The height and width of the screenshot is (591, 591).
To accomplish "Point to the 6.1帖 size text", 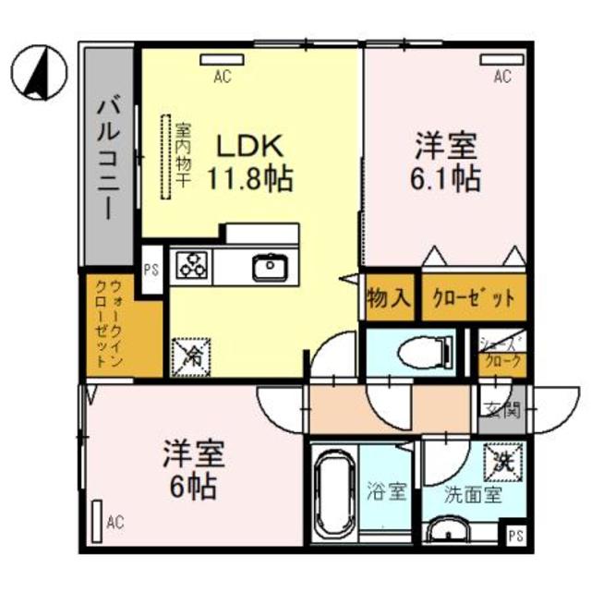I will click(x=446, y=177).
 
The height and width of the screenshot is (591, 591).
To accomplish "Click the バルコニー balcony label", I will click(x=108, y=157).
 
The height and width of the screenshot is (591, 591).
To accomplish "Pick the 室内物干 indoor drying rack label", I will click(x=182, y=157).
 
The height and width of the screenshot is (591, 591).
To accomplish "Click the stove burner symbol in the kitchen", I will click(x=193, y=266).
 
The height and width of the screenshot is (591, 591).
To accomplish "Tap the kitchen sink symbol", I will click(x=271, y=268).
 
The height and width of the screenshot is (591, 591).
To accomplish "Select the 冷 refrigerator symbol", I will click(x=191, y=354).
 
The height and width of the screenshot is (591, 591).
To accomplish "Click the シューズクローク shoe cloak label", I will click(x=503, y=353).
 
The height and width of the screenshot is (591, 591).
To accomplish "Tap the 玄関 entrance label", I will click(x=501, y=409).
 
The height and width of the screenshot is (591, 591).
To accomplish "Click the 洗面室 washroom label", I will click(x=472, y=494).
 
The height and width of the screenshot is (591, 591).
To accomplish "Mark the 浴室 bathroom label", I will click(x=386, y=491).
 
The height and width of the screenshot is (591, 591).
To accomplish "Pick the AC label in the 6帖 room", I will click(x=114, y=524).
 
